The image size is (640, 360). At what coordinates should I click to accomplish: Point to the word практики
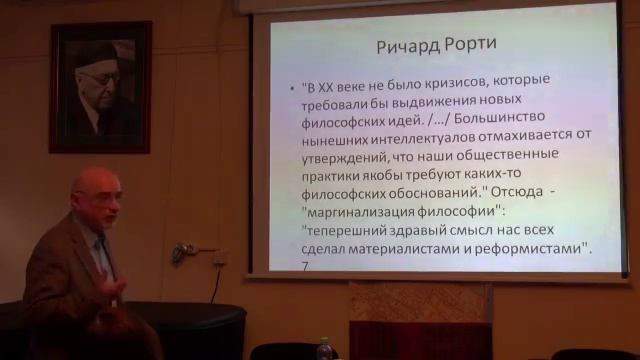tap(334, 186)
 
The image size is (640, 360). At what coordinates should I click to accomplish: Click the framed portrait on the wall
tap(100, 87)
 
